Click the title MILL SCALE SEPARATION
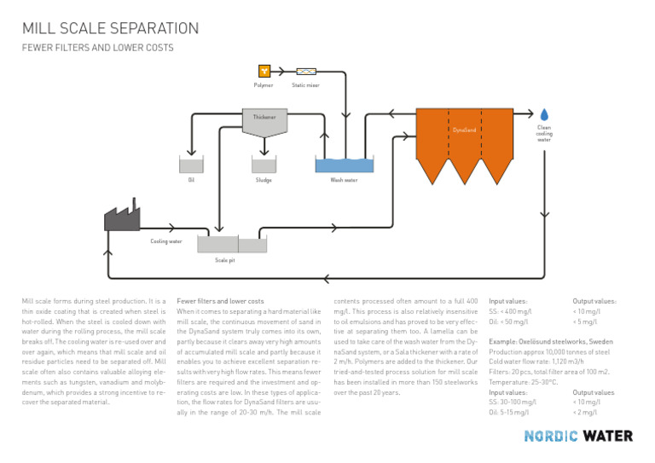(110, 28)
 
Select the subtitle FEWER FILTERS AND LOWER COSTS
(97, 49)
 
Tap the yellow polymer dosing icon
(264, 72)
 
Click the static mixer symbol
(305, 72)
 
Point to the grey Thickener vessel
(264, 122)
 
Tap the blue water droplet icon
(544, 114)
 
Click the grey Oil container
(191, 165)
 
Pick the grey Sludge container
(264, 165)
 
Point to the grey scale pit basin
(225, 245)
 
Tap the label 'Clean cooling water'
(544, 133)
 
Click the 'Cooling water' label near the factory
(166, 241)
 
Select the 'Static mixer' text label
(305, 84)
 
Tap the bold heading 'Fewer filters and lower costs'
(220, 301)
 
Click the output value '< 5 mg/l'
(585, 323)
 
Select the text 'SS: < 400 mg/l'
(510, 312)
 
